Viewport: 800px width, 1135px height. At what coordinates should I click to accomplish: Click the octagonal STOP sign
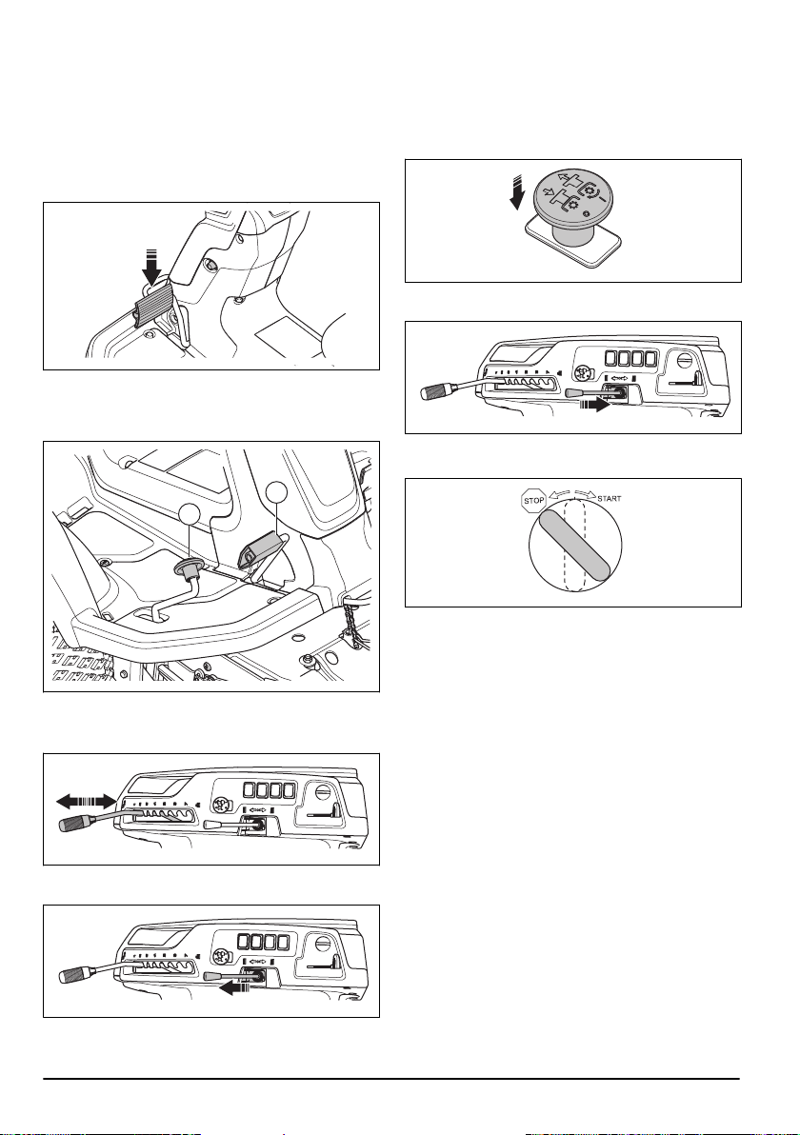(534, 500)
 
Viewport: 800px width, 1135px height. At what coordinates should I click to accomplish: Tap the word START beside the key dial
(609, 499)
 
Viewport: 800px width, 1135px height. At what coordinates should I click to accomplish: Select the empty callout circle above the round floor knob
(190, 515)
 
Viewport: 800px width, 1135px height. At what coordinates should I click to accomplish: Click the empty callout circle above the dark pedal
(276, 493)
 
